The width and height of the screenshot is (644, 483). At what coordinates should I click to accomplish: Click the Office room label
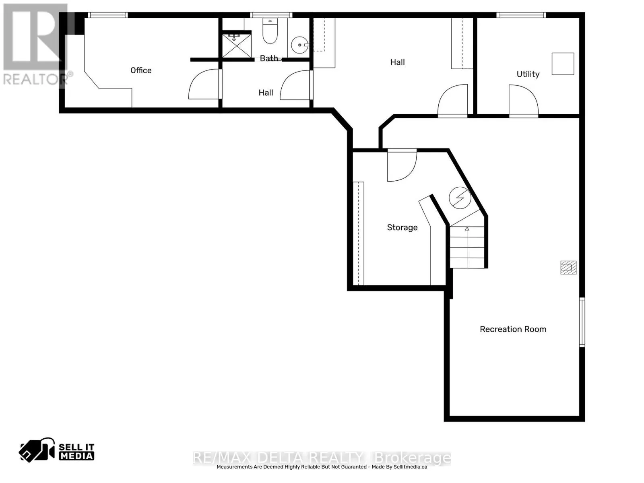141,70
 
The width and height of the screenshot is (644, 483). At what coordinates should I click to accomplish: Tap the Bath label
268,58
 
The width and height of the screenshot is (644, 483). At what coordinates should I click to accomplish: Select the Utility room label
528,74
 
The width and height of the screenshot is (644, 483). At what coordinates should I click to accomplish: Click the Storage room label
402,227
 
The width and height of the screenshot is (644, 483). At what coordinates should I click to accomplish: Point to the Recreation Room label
513,329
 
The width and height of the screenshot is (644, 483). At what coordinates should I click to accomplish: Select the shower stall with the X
237,45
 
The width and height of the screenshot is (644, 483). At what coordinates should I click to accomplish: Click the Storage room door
401,165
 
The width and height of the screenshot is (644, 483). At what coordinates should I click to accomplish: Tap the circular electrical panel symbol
460,198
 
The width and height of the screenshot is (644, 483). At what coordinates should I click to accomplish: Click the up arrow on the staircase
467,230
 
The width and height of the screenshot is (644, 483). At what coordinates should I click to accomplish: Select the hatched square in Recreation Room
568,268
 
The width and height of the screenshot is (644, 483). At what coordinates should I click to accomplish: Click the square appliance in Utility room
562,64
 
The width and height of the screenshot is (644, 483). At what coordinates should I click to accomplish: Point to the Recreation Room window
582,322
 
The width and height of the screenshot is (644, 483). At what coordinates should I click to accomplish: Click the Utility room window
521,15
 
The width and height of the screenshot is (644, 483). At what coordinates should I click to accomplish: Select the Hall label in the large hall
397,62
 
